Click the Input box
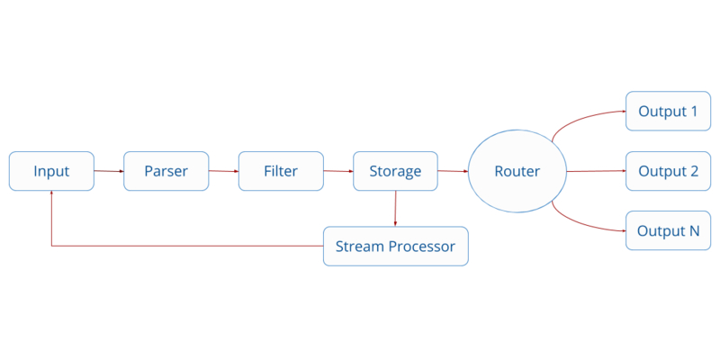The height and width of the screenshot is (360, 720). pyautogui.click(x=51, y=171)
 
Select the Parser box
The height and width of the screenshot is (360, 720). pyautogui.click(x=166, y=171)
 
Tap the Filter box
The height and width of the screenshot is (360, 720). pyautogui.click(x=281, y=171)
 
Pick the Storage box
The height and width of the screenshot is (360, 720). pyautogui.click(x=395, y=171)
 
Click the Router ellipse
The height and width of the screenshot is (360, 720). pyautogui.click(x=517, y=171)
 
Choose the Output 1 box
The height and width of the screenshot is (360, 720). pyautogui.click(x=668, y=112)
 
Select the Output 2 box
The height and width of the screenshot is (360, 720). pyautogui.click(x=668, y=171)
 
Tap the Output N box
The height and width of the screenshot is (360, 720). pyautogui.click(x=668, y=230)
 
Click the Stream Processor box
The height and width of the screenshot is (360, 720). pyautogui.click(x=395, y=246)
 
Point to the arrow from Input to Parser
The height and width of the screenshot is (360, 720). pyautogui.click(x=108, y=171)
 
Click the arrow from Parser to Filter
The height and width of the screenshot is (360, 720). pyautogui.click(x=223, y=171)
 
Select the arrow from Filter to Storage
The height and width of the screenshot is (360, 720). pyautogui.click(x=338, y=171)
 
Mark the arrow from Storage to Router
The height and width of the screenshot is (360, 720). pyautogui.click(x=452, y=171)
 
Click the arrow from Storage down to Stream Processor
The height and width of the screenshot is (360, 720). pyautogui.click(x=395, y=208)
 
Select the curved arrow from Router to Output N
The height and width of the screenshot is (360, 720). pyautogui.click(x=585, y=225)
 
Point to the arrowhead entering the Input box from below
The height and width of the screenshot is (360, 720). pyautogui.click(x=51, y=194)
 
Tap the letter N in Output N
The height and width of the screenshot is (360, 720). pyautogui.click(x=693, y=230)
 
